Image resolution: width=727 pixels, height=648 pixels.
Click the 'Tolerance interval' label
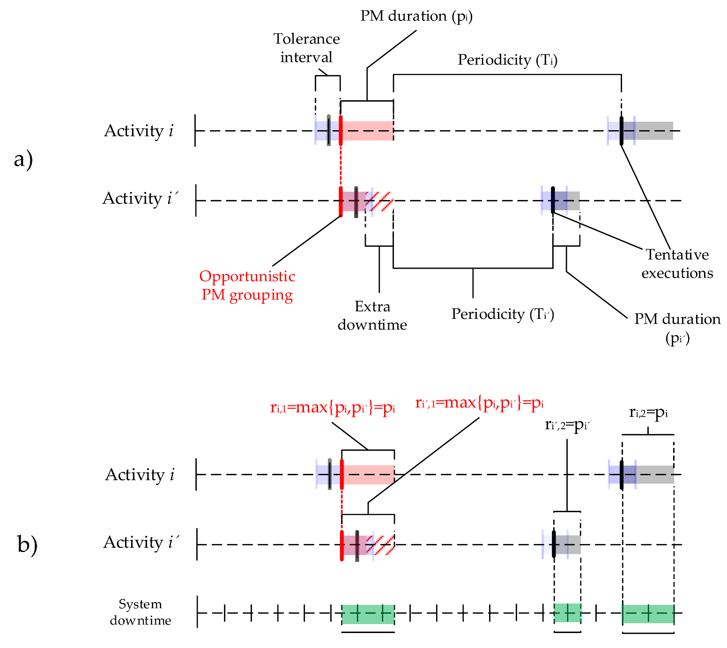pos(306,48)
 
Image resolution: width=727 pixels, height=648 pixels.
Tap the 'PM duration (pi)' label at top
pos(416,16)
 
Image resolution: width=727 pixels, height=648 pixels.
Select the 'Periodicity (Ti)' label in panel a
pos(507,60)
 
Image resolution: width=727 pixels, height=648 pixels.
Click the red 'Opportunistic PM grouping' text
pos(247,285)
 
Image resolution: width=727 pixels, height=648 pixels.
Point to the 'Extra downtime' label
pos(372,315)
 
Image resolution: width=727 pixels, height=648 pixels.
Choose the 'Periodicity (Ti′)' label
pos(502,314)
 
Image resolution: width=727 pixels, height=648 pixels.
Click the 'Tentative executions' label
pos(677,263)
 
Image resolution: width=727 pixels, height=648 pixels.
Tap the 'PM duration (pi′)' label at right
pos(677,327)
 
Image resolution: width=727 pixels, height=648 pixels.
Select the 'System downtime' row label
pos(140,612)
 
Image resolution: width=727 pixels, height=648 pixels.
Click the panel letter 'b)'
pos(27,545)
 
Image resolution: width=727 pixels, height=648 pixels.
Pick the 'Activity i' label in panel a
pos(139,131)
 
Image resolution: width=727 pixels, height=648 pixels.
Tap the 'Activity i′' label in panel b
pos(141,542)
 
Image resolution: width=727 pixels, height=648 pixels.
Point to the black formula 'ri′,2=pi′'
pos(567,425)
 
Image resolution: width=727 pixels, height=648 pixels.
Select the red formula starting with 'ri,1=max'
pos(333,407)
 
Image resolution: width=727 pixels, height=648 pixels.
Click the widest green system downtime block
pos(368,614)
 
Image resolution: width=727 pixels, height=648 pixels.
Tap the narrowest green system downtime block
pos(567,613)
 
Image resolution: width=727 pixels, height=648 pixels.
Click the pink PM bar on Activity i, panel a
pos(368,131)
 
